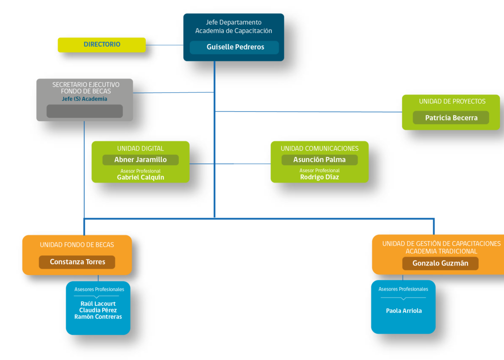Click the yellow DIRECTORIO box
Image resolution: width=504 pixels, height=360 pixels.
(102, 45)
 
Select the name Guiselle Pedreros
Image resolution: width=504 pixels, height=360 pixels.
(235, 47)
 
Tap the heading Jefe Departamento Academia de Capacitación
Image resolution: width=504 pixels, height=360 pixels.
(234, 27)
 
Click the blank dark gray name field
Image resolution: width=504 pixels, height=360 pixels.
(85, 111)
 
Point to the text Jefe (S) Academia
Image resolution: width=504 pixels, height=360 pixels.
(85, 99)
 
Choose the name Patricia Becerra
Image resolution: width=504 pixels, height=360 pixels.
(451, 118)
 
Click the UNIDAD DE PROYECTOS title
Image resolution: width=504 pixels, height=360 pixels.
(452, 102)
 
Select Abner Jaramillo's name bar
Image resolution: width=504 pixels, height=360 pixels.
(140, 160)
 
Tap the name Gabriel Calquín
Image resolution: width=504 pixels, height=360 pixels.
(140, 177)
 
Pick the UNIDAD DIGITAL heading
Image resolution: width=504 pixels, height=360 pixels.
(140, 148)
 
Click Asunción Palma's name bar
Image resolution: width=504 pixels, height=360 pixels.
(319, 160)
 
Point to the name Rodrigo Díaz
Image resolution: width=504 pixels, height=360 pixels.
(319, 177)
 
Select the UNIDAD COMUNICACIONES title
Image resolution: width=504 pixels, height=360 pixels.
(319, 148)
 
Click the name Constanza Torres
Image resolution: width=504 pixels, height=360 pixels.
(77, 262)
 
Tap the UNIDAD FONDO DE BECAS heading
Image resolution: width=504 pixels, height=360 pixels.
(77, 245)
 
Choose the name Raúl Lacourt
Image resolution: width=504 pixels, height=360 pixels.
(98, 304)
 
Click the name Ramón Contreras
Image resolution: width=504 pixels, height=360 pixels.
(98, 317)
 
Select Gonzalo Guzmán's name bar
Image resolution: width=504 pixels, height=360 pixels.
(441, 264)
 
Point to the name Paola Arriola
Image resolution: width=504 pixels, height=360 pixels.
(404, 311)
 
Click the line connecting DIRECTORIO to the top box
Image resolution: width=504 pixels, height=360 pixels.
(165, 45)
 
